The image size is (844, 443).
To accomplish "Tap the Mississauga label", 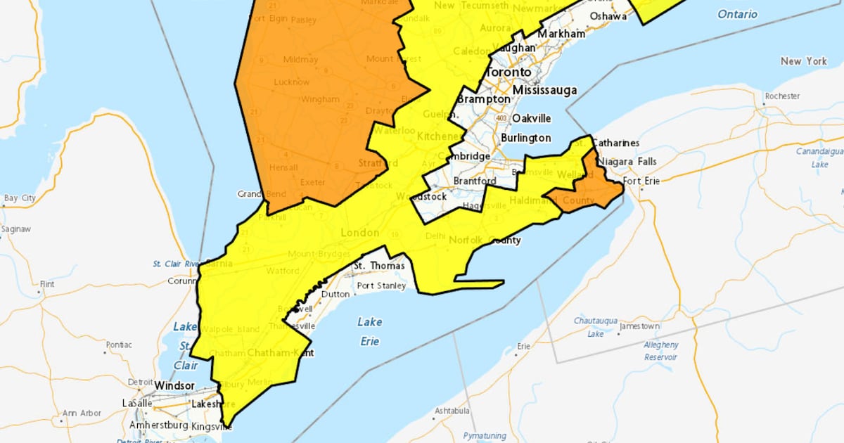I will (x=544, y=90).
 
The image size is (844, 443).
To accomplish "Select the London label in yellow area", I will (x=359, y=233).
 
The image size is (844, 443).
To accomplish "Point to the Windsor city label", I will (x=174, y=386).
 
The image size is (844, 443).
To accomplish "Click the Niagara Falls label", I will (x=629, y=161).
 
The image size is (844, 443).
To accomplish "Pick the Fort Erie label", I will (x=641, y=181).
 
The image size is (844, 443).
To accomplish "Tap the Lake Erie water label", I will (x=369, y=331).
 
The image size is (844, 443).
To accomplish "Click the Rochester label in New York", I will (x=782, y=96).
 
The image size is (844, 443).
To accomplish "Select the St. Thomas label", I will (x=378, y=266).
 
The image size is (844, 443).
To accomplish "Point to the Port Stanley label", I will (x=381, y=285).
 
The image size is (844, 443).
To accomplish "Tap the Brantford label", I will (x=471, y=181).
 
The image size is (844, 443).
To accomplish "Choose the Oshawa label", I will (x=608, y=15).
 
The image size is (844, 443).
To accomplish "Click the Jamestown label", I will (x=639, y=326).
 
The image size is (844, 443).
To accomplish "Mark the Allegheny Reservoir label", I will (x=661, y=351).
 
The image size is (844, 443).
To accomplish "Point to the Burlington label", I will (x=525, y=138).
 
